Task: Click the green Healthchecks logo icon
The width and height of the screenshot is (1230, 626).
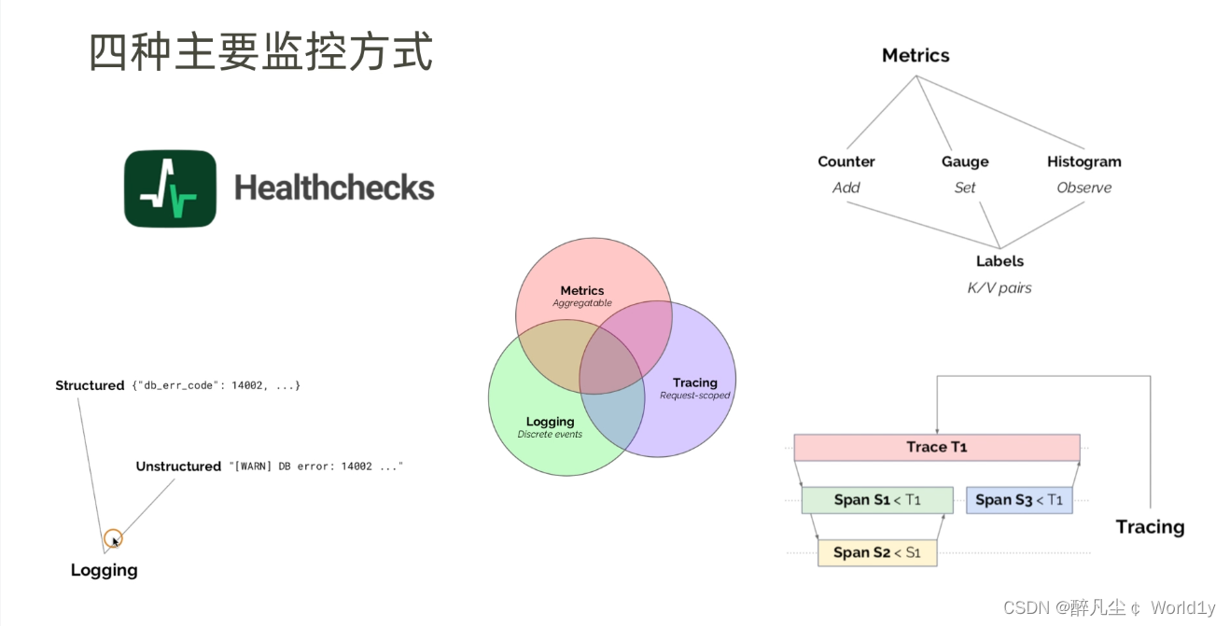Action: click(170, 188)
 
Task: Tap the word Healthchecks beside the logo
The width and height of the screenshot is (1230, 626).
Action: click(334, 188)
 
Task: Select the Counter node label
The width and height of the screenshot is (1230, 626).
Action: click(846, 161)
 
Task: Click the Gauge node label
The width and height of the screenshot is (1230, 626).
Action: click(965, 161)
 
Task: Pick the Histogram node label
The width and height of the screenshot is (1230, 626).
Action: click(1083, 161)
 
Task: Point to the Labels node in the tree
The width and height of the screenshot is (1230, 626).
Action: click(999, 261)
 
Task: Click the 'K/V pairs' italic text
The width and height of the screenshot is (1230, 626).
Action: click(999, 288)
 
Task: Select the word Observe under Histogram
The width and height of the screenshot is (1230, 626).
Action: click(1083, 188)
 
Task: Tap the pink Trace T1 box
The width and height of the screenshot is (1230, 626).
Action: click(936, 447)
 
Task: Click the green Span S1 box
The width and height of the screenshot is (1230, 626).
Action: click(877, 500)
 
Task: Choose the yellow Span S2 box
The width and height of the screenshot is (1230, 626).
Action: click(877, 552)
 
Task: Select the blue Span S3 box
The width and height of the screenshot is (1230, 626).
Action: click(1019, 500)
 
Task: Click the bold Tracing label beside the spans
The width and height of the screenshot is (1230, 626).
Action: click(1150, 527)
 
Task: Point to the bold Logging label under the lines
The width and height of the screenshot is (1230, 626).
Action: click(104, 570)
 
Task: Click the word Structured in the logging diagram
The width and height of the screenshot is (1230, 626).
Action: click(90, 385)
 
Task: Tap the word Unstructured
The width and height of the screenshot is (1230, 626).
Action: click(178, 466)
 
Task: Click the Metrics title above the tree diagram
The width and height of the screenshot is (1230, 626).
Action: click(916, 56)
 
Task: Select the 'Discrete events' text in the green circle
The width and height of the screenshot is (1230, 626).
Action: click(550, 435)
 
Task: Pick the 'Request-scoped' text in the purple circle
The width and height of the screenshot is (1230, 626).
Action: click(695, 396)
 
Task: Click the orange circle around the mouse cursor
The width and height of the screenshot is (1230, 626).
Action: click(113, 538)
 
